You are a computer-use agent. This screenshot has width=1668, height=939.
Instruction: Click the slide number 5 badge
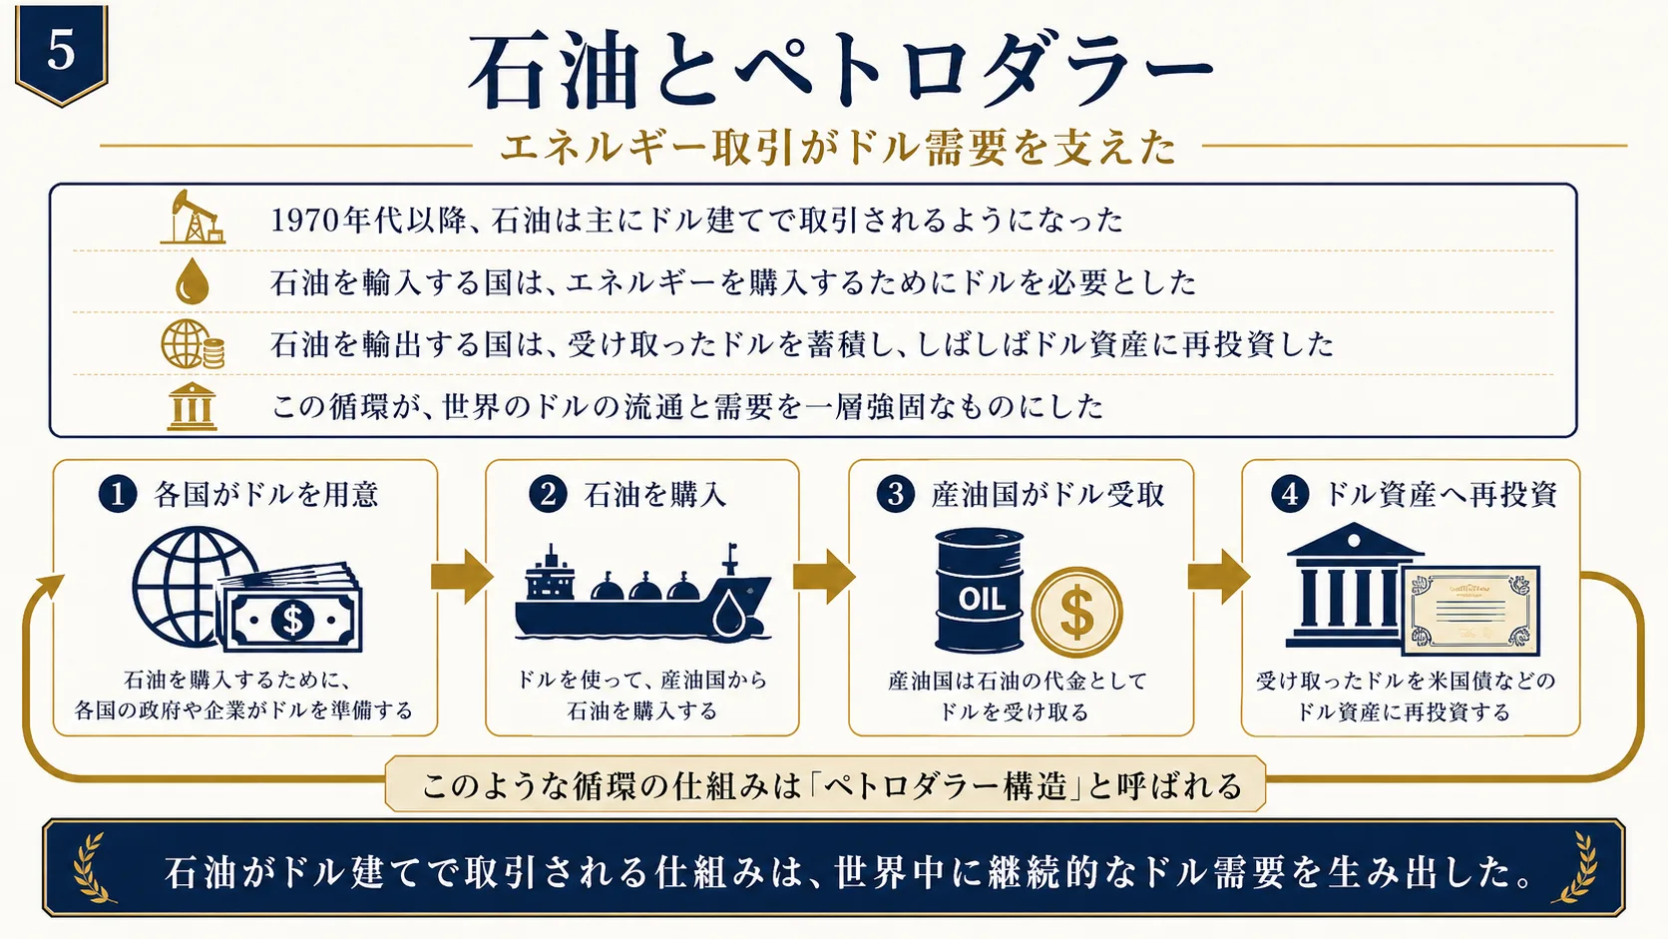pos(61,54)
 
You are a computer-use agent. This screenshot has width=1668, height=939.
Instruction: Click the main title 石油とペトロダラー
pos(841,71)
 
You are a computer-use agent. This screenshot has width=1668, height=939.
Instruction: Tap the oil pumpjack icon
pos(193,218)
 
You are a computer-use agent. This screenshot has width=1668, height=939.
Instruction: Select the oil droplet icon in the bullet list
pos(193,280)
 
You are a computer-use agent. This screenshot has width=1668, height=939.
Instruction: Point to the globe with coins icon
pos(193,344)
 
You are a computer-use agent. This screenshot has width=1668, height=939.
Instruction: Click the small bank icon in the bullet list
pos(193,406)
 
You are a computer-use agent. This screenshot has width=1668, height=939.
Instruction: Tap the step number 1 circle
pos(118,494)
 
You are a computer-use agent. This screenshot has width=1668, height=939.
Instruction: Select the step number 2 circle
pos(548,494)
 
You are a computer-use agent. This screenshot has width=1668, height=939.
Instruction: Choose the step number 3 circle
pos(896,494)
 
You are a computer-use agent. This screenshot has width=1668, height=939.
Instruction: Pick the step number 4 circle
pos(1291,494)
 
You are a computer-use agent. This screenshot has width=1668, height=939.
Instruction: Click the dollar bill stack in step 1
pos(291,608)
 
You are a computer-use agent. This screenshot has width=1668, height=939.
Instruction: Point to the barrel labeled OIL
pos(980,590)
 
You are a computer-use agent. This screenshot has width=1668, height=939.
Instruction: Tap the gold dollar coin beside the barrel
pos(1076,612)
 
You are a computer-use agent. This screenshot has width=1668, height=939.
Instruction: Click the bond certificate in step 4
pos(1470,611)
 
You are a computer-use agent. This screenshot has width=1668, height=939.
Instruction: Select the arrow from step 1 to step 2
pos(462,577)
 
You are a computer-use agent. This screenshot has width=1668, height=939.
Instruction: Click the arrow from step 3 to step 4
pos(1218,577)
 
